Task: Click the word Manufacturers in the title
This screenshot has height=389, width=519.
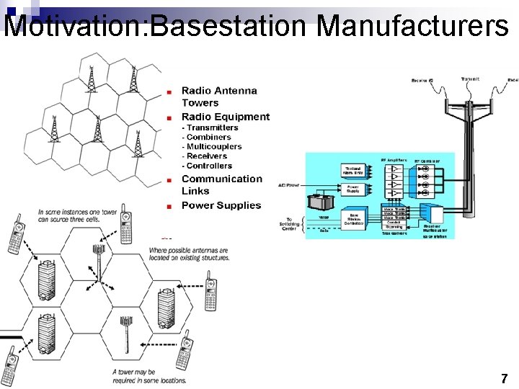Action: [412, 26]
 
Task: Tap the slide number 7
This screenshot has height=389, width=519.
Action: [504, 378]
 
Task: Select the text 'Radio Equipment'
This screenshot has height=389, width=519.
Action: [225, 117]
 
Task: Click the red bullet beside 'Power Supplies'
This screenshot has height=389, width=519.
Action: [169, 206]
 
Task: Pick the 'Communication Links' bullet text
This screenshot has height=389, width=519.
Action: [221, 184]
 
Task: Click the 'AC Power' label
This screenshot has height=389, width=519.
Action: [288, 185]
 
